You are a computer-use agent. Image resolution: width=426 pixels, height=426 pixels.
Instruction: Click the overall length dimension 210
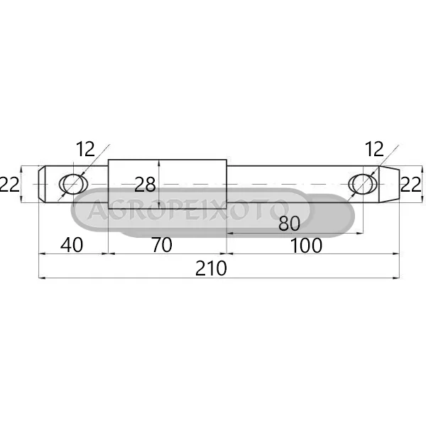coord(211,268)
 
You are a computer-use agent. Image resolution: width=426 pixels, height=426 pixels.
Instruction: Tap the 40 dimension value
coord(72,245)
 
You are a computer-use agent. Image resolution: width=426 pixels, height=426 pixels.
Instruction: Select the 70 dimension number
coord(161,245)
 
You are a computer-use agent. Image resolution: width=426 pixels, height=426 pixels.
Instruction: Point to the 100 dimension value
coord(306,246)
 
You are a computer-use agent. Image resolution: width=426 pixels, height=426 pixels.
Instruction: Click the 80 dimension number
coord(290,224)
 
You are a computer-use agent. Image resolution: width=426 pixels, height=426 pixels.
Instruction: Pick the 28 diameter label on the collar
coord(145,185)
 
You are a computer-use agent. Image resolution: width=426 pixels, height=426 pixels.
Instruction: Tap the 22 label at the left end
coord(9,185)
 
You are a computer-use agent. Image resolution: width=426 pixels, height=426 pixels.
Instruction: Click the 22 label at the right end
coord(410,185)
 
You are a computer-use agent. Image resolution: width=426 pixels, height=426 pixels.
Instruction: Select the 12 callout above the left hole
coord(85,149)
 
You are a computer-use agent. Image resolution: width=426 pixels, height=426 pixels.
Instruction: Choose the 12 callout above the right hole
coord(374,149)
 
